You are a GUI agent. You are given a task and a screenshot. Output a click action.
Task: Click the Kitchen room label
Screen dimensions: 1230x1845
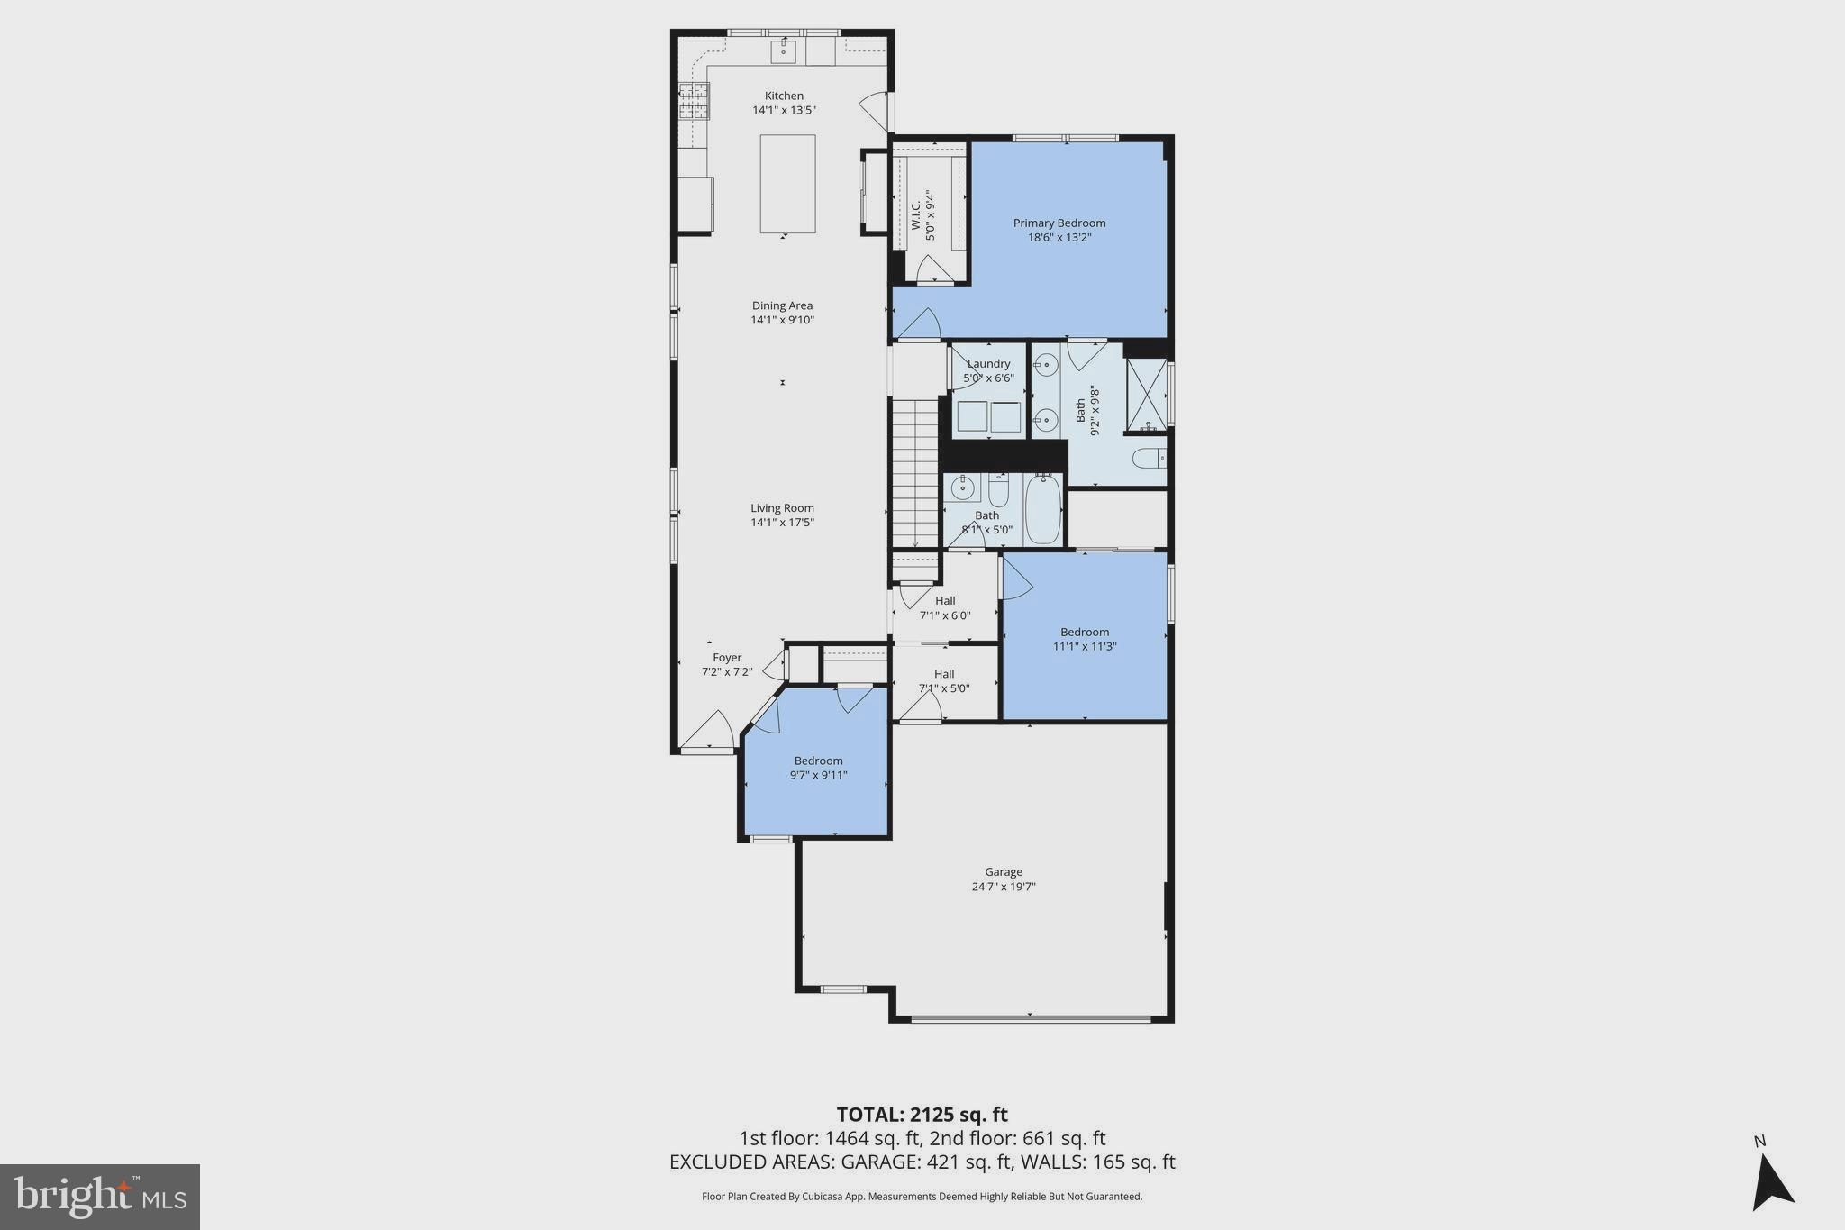pos(784,96)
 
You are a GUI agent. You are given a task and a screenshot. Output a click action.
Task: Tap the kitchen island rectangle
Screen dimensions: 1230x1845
pos(787,184)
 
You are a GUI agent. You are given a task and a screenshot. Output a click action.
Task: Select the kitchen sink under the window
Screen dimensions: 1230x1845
pos(783,51)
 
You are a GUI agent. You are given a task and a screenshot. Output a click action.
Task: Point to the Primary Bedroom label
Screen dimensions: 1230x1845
pos(1059,223)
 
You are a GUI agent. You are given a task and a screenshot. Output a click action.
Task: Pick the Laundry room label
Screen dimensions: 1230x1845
pos(988,364)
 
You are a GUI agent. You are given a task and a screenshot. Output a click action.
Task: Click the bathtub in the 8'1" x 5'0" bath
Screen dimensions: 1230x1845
pos(1043,511)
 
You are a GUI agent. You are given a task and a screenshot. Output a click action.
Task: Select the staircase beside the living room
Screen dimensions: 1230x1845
pos(915,472)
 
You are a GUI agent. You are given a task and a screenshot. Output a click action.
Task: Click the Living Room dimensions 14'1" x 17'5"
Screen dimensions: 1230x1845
pos(782,523)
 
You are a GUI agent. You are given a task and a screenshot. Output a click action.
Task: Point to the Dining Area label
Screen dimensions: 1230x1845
pos(782,306)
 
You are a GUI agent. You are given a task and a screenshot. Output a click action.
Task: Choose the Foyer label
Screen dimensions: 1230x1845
pos(727,658)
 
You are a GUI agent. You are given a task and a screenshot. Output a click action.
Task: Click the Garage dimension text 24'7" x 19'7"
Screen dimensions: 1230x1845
pos(1003,887)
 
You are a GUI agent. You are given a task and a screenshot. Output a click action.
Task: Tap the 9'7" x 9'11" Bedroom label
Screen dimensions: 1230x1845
pos(818,761)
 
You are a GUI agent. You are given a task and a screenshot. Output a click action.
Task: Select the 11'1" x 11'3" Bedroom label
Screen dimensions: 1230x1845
pos(1084,633)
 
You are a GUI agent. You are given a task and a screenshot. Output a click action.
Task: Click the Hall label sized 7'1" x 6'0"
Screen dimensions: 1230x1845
pos(944,601)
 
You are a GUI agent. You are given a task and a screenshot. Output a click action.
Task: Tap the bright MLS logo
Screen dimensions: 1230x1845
pos(100,1197)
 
